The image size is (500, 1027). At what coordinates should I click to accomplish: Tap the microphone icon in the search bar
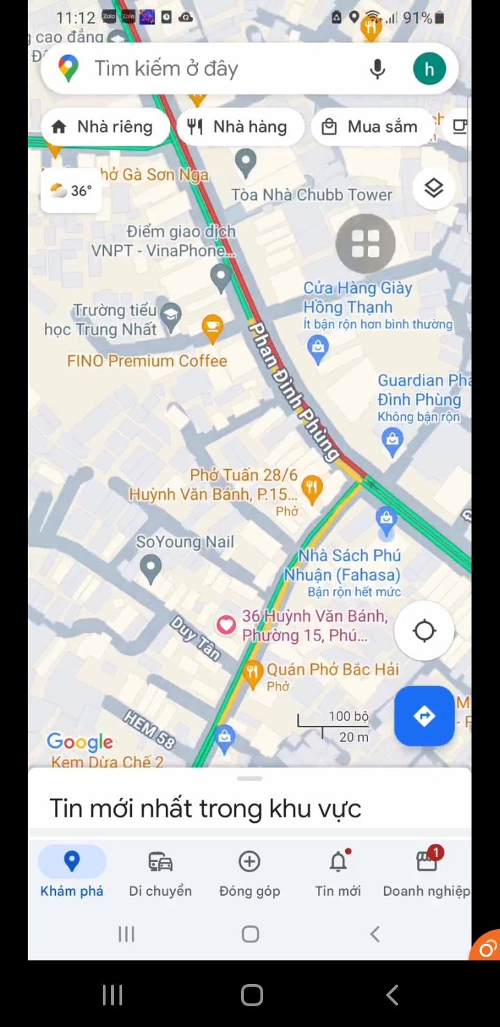click(x=377, y=69)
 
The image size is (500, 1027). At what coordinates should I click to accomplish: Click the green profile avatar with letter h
click(x=429, y=69)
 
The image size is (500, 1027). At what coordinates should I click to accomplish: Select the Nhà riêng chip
click(x=103, y=126)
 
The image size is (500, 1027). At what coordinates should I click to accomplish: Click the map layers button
click(x=433, y=188)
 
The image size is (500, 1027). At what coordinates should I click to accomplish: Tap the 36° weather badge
click(x=72, y=190)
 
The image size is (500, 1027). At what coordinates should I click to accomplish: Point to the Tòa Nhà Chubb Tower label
click(x=312, y=195)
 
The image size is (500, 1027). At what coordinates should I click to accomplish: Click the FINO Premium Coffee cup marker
click(x=212, y=328)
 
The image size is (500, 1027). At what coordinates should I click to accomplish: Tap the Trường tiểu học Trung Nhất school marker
click(x=170, y=316)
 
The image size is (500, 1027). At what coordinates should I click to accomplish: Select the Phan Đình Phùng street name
click(x=295, y=391)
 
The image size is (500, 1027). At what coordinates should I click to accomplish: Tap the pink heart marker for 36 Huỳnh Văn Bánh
click(x=226, y=625)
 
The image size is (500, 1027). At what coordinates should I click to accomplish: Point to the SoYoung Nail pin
click(x=150, y=568)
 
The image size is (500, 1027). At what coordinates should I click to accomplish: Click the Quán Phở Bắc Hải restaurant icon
click(x=253, y=671)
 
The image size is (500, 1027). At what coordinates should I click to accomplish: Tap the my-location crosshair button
click(x=424, y=631)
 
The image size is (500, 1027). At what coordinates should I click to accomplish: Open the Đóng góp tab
click(x=249, y=873)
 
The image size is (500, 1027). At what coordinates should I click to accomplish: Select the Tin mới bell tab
click(x=338, y=873)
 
